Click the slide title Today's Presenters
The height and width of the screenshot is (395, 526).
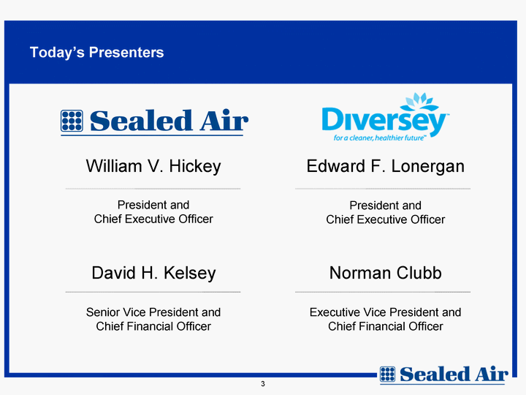[96, 53]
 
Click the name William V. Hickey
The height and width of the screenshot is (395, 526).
[153, 166]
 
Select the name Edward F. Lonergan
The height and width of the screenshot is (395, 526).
[386, 167]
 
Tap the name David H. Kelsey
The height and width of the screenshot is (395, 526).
[153, 273]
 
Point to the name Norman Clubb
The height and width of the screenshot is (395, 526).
[386, 273]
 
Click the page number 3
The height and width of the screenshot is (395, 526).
[263, 383]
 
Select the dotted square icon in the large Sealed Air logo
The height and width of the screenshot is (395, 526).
[72, 121]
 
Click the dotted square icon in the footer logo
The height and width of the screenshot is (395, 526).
[387, 375]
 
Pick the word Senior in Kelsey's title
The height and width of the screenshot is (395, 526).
[103, 312]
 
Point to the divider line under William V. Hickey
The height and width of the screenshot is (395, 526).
[153, 189]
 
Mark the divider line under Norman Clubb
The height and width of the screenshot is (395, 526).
[383, 292]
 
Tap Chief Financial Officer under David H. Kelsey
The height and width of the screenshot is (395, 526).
[153, 326]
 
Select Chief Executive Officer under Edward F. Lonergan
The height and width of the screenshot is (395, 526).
[386, 219]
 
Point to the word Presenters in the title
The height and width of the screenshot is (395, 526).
[126, 53]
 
